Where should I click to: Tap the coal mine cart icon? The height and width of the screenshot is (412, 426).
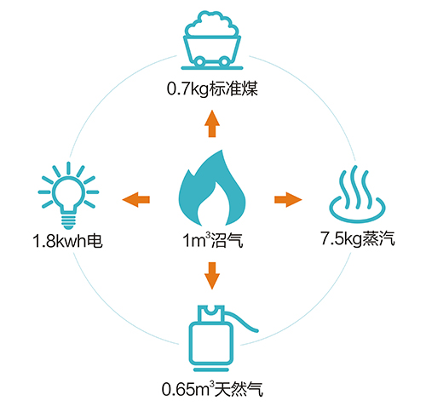(212, 41)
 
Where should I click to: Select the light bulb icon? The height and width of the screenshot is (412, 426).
(68, 196)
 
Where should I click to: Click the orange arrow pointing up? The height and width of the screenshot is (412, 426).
(212, 123)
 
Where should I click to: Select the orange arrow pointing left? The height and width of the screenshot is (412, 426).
(136, 199)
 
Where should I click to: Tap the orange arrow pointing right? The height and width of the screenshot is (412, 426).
(288, 199)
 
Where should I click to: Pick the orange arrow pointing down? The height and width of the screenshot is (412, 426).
(212, 276)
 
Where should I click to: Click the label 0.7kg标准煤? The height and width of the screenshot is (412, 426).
(212, 89)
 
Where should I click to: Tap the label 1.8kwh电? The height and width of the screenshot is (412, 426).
(67, 241)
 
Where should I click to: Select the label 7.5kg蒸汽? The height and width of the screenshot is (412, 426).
(358, 238)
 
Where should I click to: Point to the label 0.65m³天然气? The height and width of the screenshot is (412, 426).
(212, 389)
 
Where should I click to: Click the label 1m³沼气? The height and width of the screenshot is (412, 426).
(212, 240)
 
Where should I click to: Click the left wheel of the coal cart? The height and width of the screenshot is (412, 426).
(199, 61)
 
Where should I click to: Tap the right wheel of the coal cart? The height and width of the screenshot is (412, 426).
(224, 61)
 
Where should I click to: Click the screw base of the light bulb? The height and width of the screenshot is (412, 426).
(68, 222)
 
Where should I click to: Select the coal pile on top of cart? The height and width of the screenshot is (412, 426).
(212, 24)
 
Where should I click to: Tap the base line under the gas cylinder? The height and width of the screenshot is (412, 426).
(211, 369)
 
